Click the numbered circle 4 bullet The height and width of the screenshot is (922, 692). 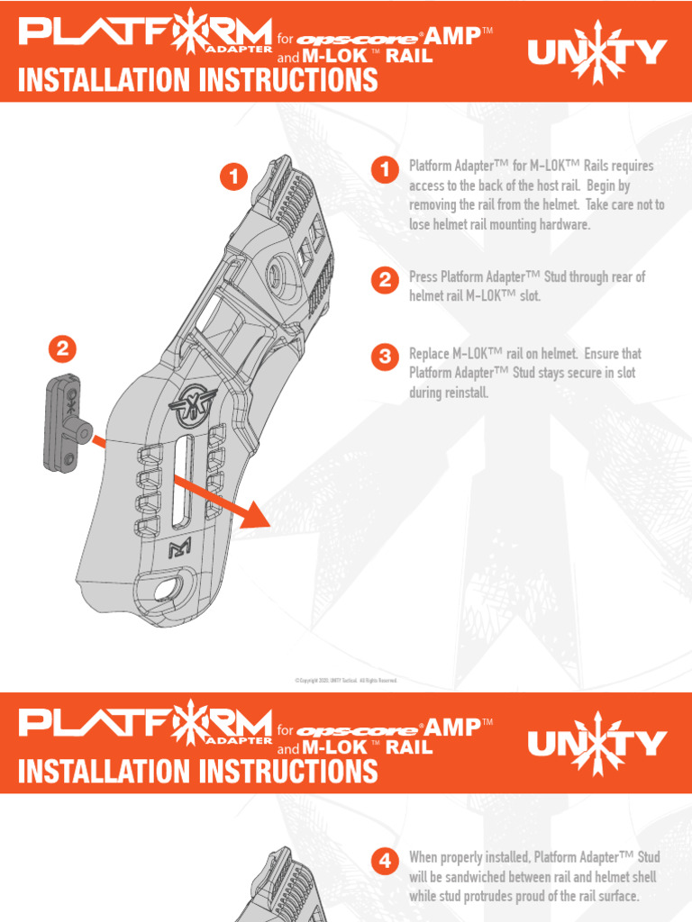(x=385, y=861)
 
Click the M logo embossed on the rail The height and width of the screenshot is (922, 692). (x=178, y=550)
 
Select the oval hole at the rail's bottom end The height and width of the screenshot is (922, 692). (x=167, y=591)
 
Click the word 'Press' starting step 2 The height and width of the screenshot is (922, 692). (x=423, y=277)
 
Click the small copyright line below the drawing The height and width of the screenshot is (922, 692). (x=346, y=681)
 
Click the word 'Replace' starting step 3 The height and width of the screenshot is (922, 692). (x=429, y=354)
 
